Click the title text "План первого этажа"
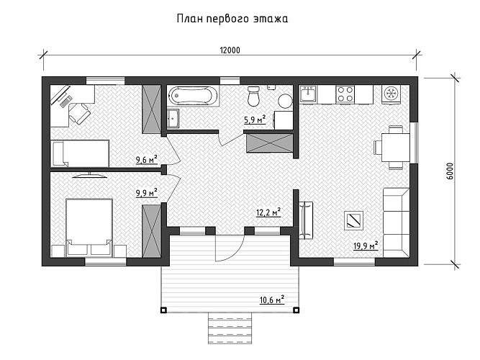232,19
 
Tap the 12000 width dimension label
230,50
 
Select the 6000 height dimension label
450,171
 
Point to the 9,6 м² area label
146,160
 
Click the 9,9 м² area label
146,192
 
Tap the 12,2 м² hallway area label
268,212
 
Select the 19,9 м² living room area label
366,246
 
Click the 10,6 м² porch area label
272,300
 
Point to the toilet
253,95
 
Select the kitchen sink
309,94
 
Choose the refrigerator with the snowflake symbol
391,94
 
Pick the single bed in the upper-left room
80,153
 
